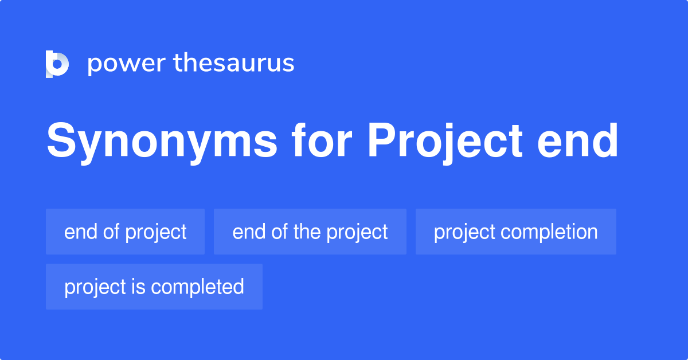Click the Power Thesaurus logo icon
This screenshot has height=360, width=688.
coord(57,64)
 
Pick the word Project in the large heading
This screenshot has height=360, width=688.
coord(445,142)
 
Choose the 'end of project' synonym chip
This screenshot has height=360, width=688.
coord(125,232)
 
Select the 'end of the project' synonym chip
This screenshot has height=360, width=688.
coord(310,232)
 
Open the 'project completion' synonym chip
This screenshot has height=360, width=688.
coord(516,232)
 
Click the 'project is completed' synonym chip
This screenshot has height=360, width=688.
coord(154,287)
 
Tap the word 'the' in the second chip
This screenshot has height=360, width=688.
coord(306,232)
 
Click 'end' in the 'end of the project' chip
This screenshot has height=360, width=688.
coord(246,232)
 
